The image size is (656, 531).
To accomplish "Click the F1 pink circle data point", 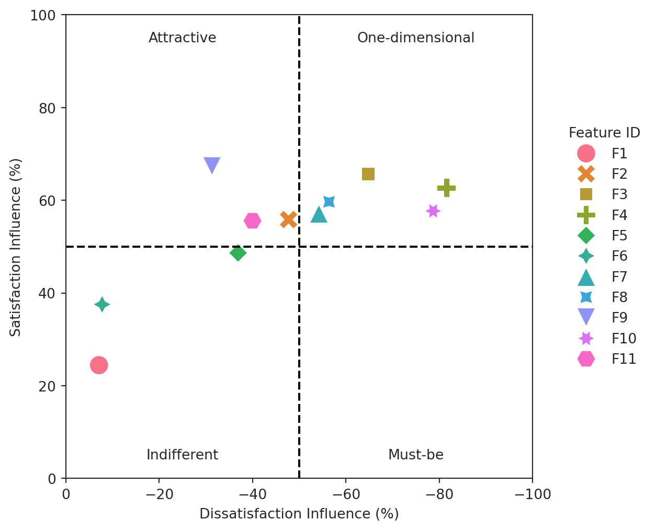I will pyautogui.click(x=99, y=365).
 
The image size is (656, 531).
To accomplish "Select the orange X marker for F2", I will pyautogui.click(x=288, y=220).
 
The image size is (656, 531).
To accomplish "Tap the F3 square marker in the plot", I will pyautogui.click(x=368, y=174).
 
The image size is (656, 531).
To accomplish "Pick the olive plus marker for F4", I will pyautogui.click(x=446, y=188).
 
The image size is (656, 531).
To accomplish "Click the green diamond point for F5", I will pyautogui.click(x=238, y=253).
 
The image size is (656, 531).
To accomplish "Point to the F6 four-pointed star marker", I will pyautogui.click(x=102, y=304).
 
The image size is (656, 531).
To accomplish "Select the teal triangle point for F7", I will pyautogui.click(x=319, y=215).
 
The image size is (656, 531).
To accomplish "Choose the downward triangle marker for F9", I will pyautogui.click(x=212, y=165).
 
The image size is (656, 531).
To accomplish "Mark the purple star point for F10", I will pyautogui.click(x=433, y=211).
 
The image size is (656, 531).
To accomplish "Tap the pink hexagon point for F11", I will pyautogui.click(x=253, y=221).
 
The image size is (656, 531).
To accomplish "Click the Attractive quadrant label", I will pyautogui.click(x=182, y=38).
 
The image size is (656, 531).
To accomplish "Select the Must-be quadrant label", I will pyautogui.click(x=415, y=455).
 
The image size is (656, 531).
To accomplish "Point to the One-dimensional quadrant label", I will pyautogui.click(x=415, y=38).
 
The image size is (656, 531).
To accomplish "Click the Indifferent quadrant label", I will pyautogui.click(x=182, y=455).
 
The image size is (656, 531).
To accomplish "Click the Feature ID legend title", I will pyautogui.click(x=604, y=133).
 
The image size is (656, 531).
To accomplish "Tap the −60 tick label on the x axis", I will pyautogui.click(x=346, y=494).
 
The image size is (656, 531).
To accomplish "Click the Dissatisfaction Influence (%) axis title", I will pyautogui.click(x=299, y=514).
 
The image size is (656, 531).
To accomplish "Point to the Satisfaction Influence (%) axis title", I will pyautogui.click(x=16, y=247).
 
